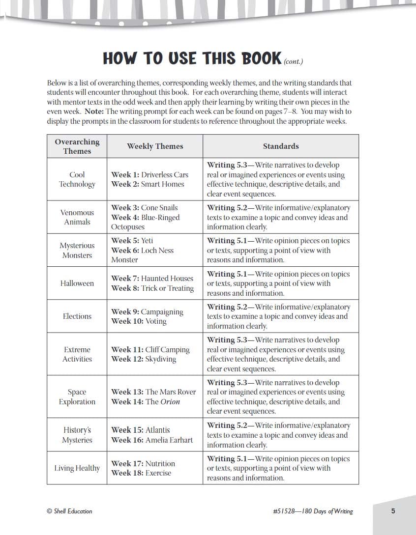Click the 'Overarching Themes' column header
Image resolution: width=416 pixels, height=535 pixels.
tap(77, 146)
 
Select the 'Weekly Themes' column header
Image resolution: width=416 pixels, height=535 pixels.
tap(155, 146)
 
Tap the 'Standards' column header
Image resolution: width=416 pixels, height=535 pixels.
tap(281, 146)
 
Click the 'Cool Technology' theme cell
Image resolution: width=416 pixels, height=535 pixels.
tap(77, 179)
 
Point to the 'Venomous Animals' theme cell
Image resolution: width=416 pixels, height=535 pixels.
tap(77, 217)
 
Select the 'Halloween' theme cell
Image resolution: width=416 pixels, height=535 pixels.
tap(77, 283)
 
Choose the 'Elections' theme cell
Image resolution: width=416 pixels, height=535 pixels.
tap(77, 316)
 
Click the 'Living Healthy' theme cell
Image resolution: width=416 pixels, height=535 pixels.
tap(77, 468)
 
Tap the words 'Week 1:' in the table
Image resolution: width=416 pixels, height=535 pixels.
tap(125, 175)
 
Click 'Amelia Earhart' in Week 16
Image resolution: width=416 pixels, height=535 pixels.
tap(169, 440)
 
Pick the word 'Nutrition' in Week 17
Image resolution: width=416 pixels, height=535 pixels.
tap(160, 463)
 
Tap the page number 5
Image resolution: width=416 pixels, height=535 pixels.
tap(393, 511)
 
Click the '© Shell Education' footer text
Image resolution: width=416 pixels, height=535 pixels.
tap(69, 511)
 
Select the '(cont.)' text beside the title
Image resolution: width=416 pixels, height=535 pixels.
tap(294, 62)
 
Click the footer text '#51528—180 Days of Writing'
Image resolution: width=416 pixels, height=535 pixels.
tap(313, 511)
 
